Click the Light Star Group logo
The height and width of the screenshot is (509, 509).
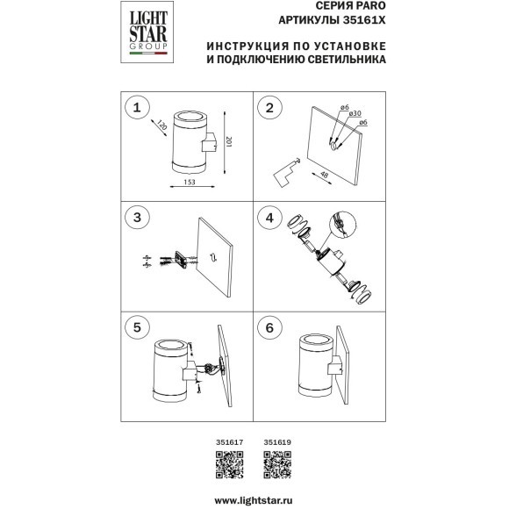(147, 32)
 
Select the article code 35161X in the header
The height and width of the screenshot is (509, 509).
(364, 20)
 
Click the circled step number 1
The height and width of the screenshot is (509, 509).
(137, 107)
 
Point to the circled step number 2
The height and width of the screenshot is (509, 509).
(269, 107)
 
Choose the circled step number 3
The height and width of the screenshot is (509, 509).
(137, 218)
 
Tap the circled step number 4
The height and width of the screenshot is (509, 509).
(269, 218)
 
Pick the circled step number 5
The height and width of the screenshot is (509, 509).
(137, 327)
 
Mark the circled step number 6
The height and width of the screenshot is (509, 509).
(269, 327)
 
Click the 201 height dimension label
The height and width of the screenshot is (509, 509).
(228, 142)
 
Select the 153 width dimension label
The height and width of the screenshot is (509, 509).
(190, 182)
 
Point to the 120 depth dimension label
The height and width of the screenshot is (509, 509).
(162, 125)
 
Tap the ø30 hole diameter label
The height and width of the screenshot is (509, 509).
(355, 113)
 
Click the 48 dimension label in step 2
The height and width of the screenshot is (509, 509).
(324, 175)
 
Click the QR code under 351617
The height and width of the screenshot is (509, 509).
(230, 464)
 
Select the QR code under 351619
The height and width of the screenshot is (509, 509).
(277, 464)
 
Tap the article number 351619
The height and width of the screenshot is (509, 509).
(277, 442)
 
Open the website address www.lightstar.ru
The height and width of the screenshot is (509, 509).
(254, 500)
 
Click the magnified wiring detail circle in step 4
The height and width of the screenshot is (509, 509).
(343, 225)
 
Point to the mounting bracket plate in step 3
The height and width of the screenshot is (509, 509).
(180, 260)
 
